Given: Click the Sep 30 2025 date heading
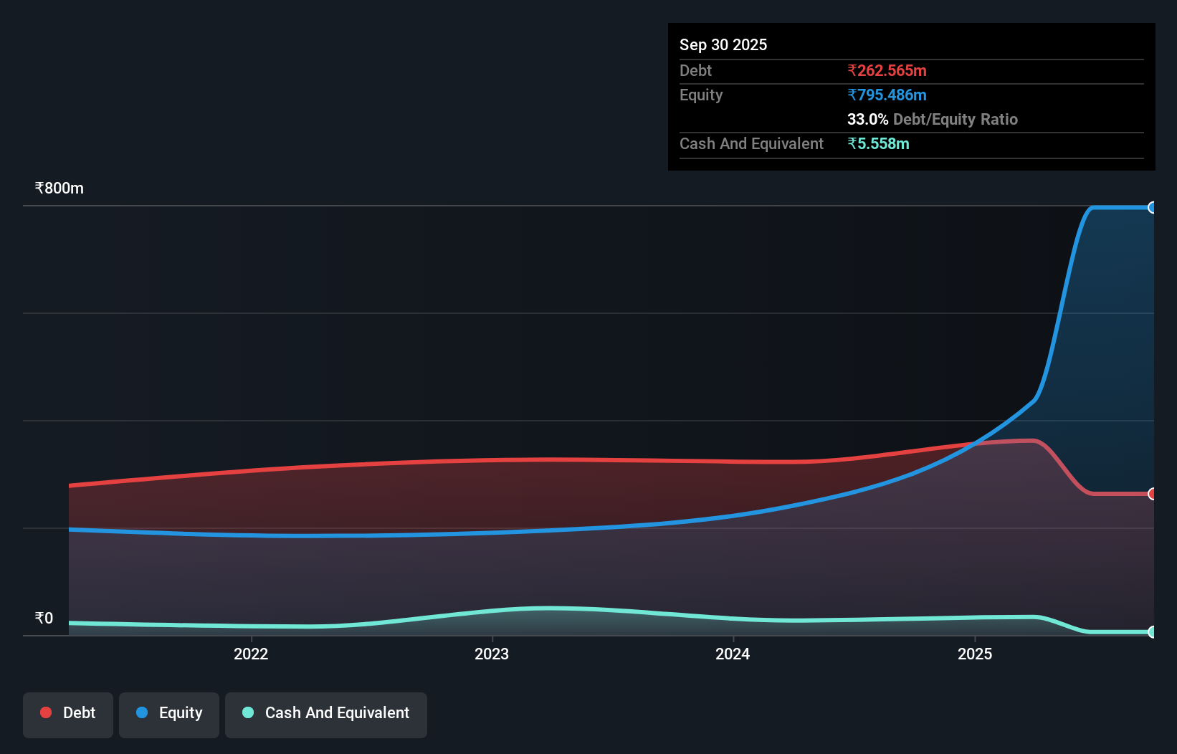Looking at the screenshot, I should coord(723,44).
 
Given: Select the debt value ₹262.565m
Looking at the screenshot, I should coord(887,70).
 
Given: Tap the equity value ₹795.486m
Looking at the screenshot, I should coord(887,95).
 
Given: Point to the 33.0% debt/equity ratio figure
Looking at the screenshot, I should coord(867,119).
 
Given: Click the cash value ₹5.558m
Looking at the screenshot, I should coord(878,143).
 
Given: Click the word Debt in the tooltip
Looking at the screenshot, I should coord(695,70).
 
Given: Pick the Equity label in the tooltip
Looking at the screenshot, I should coord(700,95).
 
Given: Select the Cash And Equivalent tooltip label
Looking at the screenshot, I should coord(751,143).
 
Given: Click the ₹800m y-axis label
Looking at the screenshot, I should coord(59,188).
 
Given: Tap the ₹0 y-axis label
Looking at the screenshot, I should coord(44,618).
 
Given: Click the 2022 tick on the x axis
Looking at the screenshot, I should coord(251,654).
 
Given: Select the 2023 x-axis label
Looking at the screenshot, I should coord(492,654).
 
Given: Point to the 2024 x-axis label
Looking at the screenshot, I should coord(733,654).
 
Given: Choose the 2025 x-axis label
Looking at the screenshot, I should coord(975,654).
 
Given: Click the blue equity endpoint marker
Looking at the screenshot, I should coord(1152,208).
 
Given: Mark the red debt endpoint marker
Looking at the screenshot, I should coord(1152,494).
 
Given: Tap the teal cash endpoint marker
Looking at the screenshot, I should coord(1152,632).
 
